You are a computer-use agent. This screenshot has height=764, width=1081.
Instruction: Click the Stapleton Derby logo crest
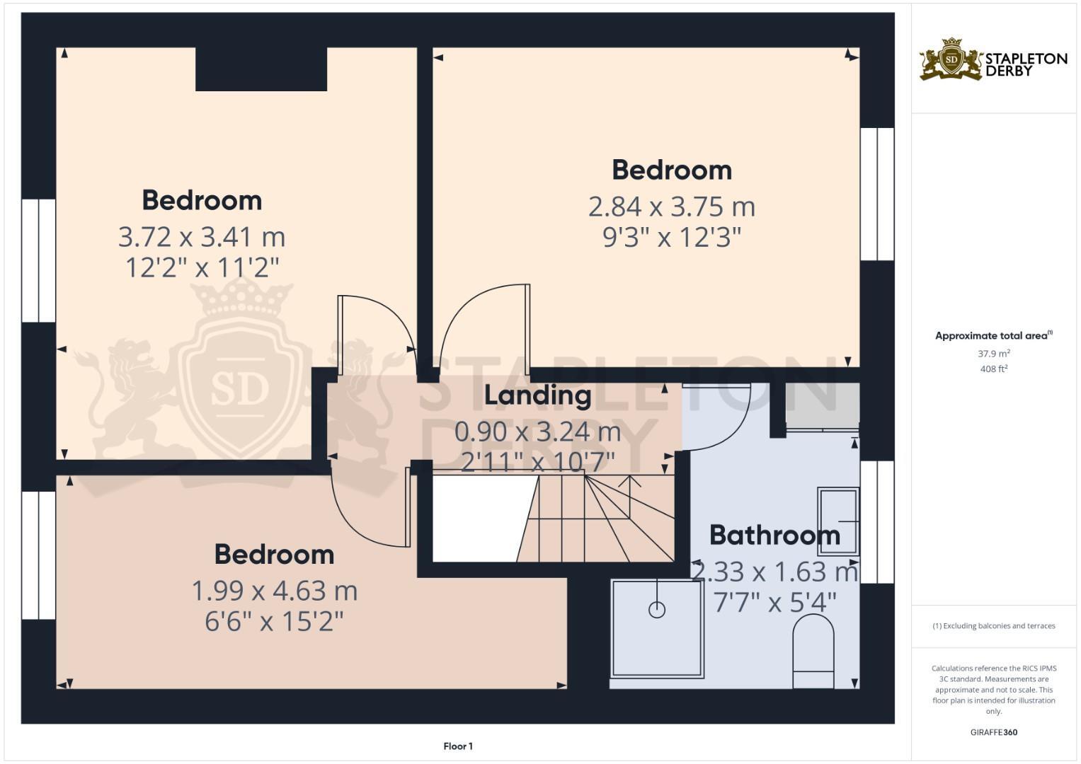[x=951, y=59]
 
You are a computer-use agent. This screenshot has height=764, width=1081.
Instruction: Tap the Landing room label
[x=537, y=395]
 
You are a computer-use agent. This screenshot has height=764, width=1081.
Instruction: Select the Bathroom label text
[x=774, y=536]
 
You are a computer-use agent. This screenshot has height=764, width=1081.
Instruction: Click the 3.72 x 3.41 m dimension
[x=202, y=237]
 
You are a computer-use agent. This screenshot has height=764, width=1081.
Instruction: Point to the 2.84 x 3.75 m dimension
[x=672, y=207]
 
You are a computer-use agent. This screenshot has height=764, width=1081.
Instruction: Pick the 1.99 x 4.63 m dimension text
[x=275, y=591]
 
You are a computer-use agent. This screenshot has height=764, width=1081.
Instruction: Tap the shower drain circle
[x=657, y=609]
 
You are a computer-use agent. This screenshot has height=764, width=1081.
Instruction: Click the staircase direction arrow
[x=629, y=482]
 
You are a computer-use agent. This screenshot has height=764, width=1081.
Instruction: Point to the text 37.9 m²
[x=993, y=354]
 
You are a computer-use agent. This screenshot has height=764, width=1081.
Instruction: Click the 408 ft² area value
[x=993, y=369]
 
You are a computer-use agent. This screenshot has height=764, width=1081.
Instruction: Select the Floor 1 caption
[x=458, y=746]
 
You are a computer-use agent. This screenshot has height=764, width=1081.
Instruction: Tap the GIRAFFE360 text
[x=993, y=732]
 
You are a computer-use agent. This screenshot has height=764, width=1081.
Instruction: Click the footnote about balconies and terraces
[x=993, y=626]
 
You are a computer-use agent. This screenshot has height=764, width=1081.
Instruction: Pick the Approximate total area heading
[x=993, y=336]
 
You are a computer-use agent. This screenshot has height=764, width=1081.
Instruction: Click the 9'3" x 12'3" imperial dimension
[x=672, y=238]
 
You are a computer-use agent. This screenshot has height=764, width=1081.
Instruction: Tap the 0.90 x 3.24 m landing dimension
[x=537, y=431]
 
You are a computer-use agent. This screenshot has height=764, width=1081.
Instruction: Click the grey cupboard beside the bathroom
[x=823, y=405]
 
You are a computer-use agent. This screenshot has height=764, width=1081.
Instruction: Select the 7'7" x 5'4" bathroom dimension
[x=774, y=603]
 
